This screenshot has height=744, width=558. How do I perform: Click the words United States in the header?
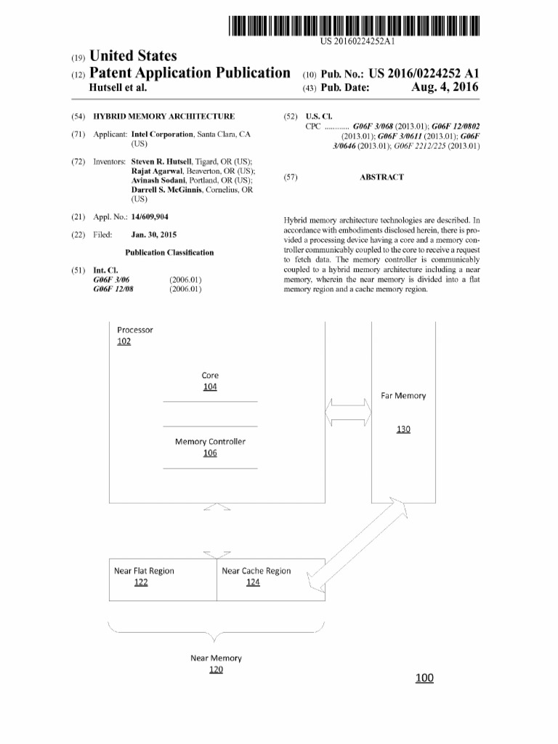tap(132, 56)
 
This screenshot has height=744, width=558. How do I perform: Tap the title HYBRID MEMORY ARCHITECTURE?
tap(164, 116)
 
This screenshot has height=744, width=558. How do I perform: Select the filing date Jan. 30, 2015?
tap(154, 235)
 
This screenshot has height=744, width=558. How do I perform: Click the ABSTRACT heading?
tap(381, 177)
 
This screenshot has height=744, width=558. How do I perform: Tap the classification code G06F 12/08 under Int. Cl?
tap(114, 288)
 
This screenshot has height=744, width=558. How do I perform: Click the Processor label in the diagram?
tap(135, 330)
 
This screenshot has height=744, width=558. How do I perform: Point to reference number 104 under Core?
tap(210, 387)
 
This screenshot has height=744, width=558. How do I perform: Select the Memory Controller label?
tap(210, 441)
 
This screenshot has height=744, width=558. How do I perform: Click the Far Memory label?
tap(403, 396)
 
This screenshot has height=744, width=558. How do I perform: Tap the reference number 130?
tap(403, 429)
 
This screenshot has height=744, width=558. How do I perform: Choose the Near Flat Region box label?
tap(145, 570)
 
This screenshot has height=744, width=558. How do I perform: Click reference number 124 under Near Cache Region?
tap(253, 584)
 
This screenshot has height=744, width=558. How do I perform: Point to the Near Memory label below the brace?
tap(216, 658)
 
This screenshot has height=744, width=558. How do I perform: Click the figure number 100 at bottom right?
tap(424, 678)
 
